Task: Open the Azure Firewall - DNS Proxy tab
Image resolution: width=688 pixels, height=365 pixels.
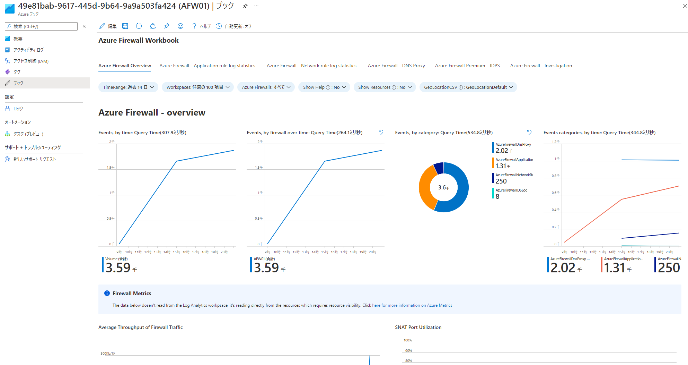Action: (396, 66)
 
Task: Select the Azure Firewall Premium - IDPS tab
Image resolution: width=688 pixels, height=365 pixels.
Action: (467, 66)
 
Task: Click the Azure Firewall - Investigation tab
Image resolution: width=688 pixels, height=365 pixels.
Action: (541, 66)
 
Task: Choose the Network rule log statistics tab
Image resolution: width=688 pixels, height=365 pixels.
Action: (311, 66)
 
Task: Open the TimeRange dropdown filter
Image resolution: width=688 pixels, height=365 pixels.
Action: (128, 87)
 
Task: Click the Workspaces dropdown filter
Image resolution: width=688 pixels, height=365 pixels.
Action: (198, 87)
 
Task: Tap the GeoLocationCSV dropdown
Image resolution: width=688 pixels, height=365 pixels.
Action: (468, 87)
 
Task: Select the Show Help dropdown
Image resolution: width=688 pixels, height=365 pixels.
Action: (324, 87)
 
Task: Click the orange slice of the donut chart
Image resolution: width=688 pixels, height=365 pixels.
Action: (425, 187)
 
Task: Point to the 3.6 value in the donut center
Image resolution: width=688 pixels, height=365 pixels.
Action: (443, 187)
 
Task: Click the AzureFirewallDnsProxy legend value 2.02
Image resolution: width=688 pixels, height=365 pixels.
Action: (502, 151)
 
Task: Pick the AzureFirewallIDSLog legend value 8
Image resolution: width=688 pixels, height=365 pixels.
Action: (497, 196)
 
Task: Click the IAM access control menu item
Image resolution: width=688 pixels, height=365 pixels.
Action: (31, 61)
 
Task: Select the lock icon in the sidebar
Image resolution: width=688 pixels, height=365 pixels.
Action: (8, 109)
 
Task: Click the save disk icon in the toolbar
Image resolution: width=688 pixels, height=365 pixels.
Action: (125, 26)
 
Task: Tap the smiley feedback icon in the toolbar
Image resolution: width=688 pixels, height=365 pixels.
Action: (180, 26)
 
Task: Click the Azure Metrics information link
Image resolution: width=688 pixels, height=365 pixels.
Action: (412, 305)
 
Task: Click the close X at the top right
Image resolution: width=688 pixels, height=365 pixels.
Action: (685, 6)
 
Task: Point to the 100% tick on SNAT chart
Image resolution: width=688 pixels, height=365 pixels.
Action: (408, 340)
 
